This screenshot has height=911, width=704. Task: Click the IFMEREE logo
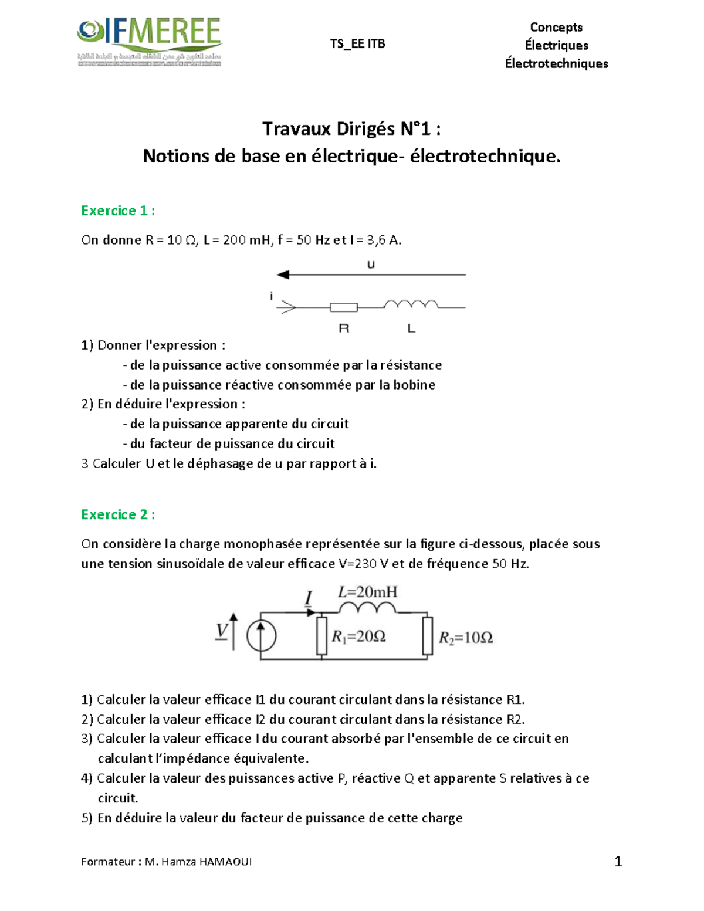pos(149,41)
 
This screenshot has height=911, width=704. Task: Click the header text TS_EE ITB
pos(357,44)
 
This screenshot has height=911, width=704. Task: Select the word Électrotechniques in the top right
pos(556,64)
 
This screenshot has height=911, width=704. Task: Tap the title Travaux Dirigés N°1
pos(351,128)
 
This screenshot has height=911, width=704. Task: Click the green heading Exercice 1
pos(118,211)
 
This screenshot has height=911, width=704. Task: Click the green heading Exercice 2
pos(118,514)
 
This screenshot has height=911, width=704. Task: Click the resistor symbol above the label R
pos(344,307)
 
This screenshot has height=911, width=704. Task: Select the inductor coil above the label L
pos(411,304)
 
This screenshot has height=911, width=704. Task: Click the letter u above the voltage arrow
pos(371,265)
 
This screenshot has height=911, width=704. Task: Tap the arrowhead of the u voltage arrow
pos(283,275)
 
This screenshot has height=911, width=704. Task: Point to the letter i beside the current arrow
pos(271,296)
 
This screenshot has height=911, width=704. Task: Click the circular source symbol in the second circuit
pos(261,636)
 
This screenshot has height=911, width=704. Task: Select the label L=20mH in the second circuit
pos(368,592)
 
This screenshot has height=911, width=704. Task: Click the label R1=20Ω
pos(358,636)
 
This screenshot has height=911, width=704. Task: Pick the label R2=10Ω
pos(466,638)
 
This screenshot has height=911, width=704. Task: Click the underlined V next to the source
pos(221,631)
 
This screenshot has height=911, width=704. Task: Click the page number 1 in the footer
pos(618,861)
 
